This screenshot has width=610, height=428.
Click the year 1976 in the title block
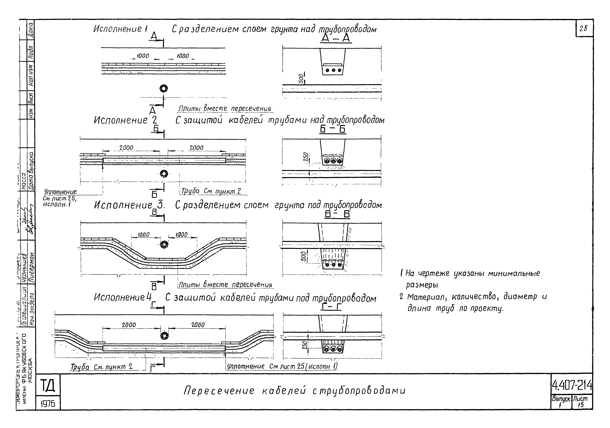tap(48, 404)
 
